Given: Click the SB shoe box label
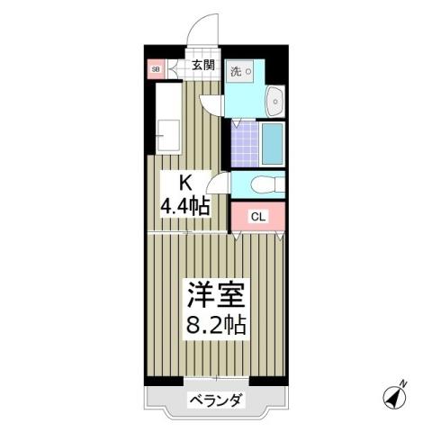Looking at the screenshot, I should click(x=155, y=68).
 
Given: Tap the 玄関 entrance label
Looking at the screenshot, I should click(x=202, y=65).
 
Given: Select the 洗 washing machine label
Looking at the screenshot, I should click(x=234, y=70).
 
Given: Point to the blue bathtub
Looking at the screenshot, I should click(x=272, y=142).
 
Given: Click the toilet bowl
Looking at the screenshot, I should click(x=263, y=184).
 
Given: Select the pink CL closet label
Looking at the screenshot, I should click(x=257, y=216).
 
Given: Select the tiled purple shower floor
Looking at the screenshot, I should click(x=243, y=142).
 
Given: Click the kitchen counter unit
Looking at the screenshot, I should click(x=168, y=117).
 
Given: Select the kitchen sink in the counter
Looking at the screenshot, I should click(x=168, y=136).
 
